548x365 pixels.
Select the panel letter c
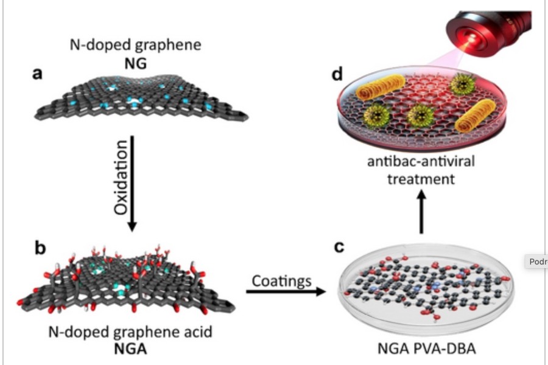(339, 248)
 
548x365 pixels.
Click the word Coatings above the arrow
(282, 280)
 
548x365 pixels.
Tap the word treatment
(420, 179)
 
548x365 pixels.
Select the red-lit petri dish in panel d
(420, 113)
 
